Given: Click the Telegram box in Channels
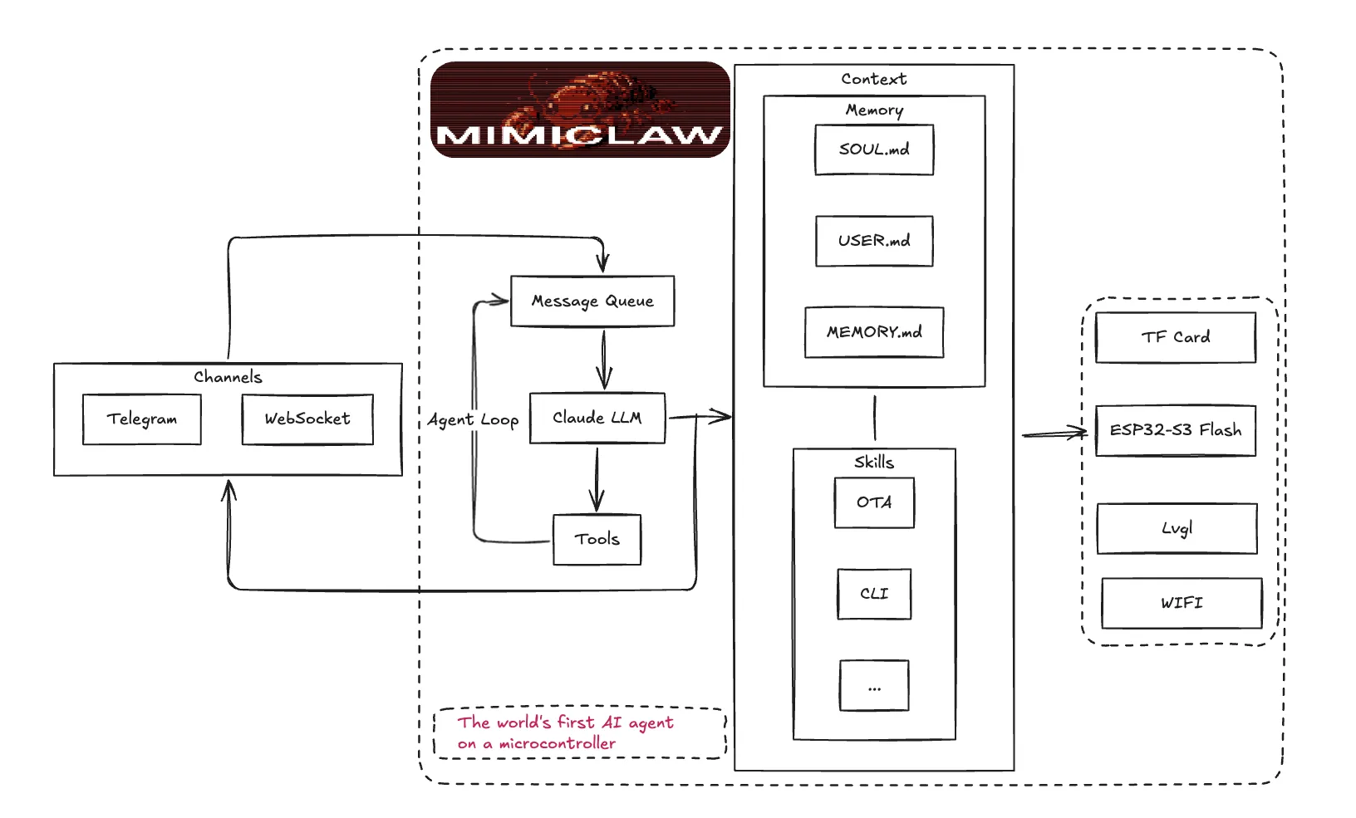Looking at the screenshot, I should tap(142, 419).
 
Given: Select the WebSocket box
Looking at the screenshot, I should tap(307, 419).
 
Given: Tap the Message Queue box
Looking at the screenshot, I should tap(592, 301).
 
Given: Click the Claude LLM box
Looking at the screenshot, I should tap(597, 418).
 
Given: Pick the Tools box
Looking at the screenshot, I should tap(597, 540).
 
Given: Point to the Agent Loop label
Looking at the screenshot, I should tap(473, 420).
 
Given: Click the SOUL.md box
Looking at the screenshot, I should tap(874, 149).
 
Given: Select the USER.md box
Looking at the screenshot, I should tap(874, 241).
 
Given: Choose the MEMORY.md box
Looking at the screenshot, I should tap(874, 332).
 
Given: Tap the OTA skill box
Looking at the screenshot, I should tap(874, 502).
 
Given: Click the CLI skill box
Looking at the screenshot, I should tap(874, 594).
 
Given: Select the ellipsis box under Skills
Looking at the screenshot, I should tap(874, 686).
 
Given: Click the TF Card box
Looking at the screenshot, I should tap(1176, 337).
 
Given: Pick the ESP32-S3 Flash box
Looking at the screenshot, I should tap(1176, 430).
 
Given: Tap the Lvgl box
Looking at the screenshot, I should tap(1177, 528).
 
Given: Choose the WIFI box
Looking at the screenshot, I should tap(1182, 603).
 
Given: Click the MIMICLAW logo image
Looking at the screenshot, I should tap(580, 110).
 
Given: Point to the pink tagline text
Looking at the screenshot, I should tap(565, 732).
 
